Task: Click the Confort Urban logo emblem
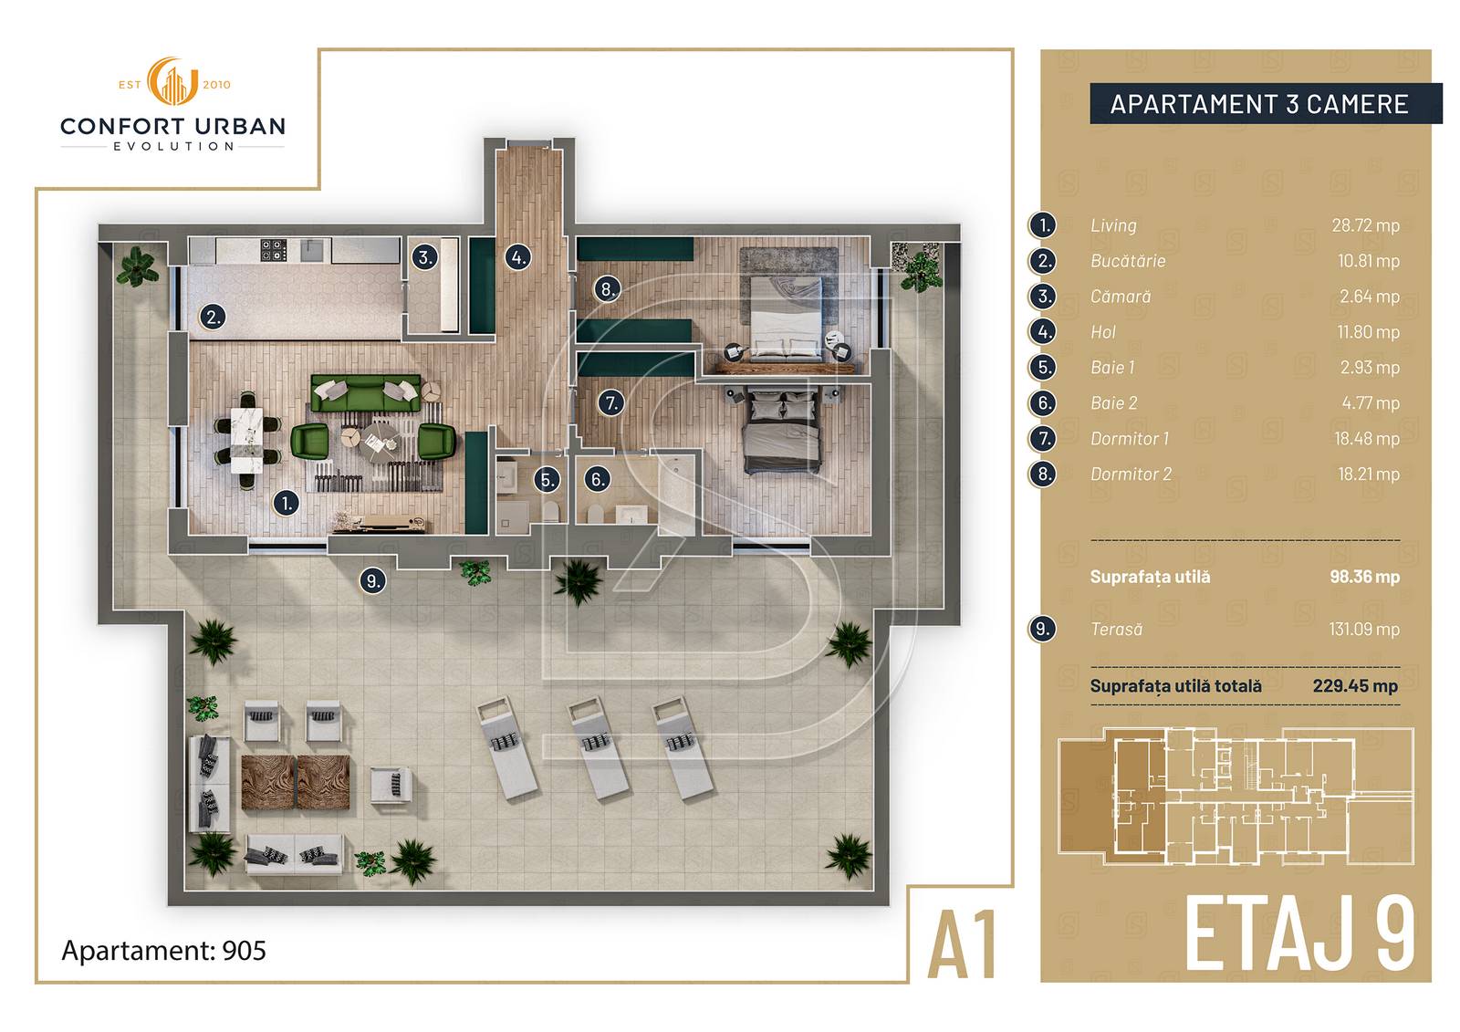click(x=172, y=81)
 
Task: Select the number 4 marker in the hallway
click(x=518, y=257)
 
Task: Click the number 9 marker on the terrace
click(x=373, y=580)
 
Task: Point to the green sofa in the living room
click(x=366, y=393)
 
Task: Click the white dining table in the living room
click(x=247, y=440)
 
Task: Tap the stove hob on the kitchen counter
click(x=274, y=250)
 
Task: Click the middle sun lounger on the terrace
click(x=599, y=747)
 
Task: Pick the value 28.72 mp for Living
click(x=1365, y=225)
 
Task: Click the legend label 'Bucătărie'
click(x=1128, y=261)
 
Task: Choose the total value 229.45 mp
click(x=1356, y=686)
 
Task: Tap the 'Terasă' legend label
click(x=1117, y=629)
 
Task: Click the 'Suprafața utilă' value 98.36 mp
click(x=1365, y=577)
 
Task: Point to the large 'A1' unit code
click(x=963, y=945)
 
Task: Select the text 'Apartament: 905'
click(x=163, y=951)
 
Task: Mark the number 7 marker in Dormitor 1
click(x=611, y=403)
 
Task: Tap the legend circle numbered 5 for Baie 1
click(x=1043, y=368)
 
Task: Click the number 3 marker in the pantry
click(x=424, y=257)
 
